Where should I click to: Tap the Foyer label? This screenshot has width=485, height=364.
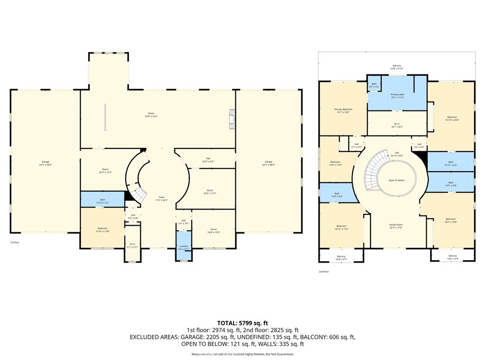pyautogui.click(x=162, y=199)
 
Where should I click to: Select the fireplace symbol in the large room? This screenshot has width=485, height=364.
pyautogui.click(x=232, y=119)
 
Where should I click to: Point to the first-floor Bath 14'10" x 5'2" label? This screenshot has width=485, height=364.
pyautogui.click(x=102, y=201)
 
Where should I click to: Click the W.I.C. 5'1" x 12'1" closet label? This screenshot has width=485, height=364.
pyautogui.click(x=133, y=246)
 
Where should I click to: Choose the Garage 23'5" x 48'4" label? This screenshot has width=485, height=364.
pyautogui.click(x=45, y=163)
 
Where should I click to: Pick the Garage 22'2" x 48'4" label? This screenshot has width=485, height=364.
pyautogui.click(x=269, y=163)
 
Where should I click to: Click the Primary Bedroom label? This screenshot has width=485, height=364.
pyautogui.click(x=343, y=110)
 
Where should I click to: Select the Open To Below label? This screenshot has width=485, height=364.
pyautogui.click(x=396, y=181)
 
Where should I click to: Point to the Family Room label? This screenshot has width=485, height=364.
pyautogui.click(x=396, y=226)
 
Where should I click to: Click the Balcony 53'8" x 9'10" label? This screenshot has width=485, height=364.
pyautogui.click(x=396, y=67)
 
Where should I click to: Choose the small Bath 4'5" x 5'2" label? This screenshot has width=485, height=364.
pyautogui.click(x=374, y=85)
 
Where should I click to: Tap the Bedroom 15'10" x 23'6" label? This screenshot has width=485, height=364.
pyautogui.click(x=452, y=118)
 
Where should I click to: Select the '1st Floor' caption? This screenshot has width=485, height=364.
pyautogui.click(x=15, y=242)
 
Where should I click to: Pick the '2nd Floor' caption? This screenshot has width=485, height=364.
pyautogui.click(x=324, y=272)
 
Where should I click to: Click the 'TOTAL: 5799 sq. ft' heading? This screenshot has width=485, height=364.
pyautogui.click(x=242, y=323)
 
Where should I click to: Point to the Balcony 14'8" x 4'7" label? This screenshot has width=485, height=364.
pyautogui.click(x=341, y=257)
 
